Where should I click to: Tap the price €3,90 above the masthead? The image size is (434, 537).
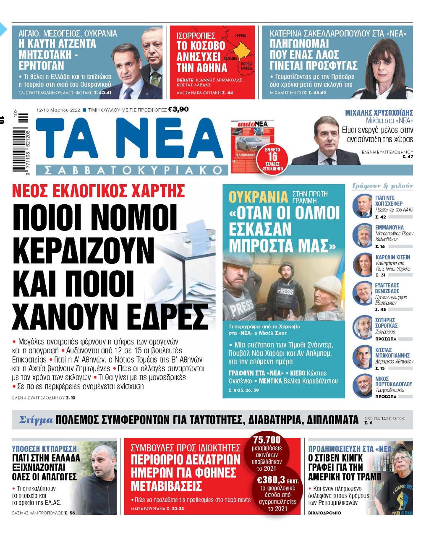click(x=178, y=109)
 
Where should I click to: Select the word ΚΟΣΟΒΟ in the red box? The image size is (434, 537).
click(x=201, y=46)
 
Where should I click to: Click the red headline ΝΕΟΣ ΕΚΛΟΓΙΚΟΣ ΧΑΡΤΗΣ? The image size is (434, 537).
click(x=99, y=191)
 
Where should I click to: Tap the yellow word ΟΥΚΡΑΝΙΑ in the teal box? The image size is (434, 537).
click(x=258, y=197)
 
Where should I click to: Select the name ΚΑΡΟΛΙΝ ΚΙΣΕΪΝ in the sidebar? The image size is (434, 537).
click(x=392, y=257)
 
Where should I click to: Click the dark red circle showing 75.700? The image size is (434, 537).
click(x=267, y=440)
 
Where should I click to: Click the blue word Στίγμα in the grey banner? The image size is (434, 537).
click(x=36, y=420)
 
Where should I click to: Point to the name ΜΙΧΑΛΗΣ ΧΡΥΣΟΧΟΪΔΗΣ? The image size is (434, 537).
click(x=379, y=113)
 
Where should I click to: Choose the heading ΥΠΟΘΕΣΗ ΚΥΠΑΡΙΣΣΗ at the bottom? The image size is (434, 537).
click(x=44, y=448)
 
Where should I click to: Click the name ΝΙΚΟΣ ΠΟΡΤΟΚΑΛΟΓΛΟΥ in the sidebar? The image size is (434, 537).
click(x=393, y=381)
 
